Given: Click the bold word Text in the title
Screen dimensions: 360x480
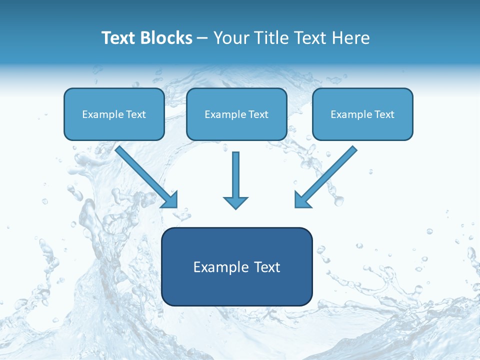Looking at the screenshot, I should (x=118, y=38).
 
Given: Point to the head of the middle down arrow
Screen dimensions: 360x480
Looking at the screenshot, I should (x=235, y=202).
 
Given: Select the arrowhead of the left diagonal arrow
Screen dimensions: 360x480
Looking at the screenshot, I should (x=170, y=200).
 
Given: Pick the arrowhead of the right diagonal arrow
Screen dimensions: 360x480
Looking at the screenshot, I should (x=302, y=200).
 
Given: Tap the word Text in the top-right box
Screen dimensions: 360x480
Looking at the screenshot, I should (x=384, y=114).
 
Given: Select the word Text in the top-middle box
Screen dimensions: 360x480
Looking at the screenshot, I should (x=258, y=114).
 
